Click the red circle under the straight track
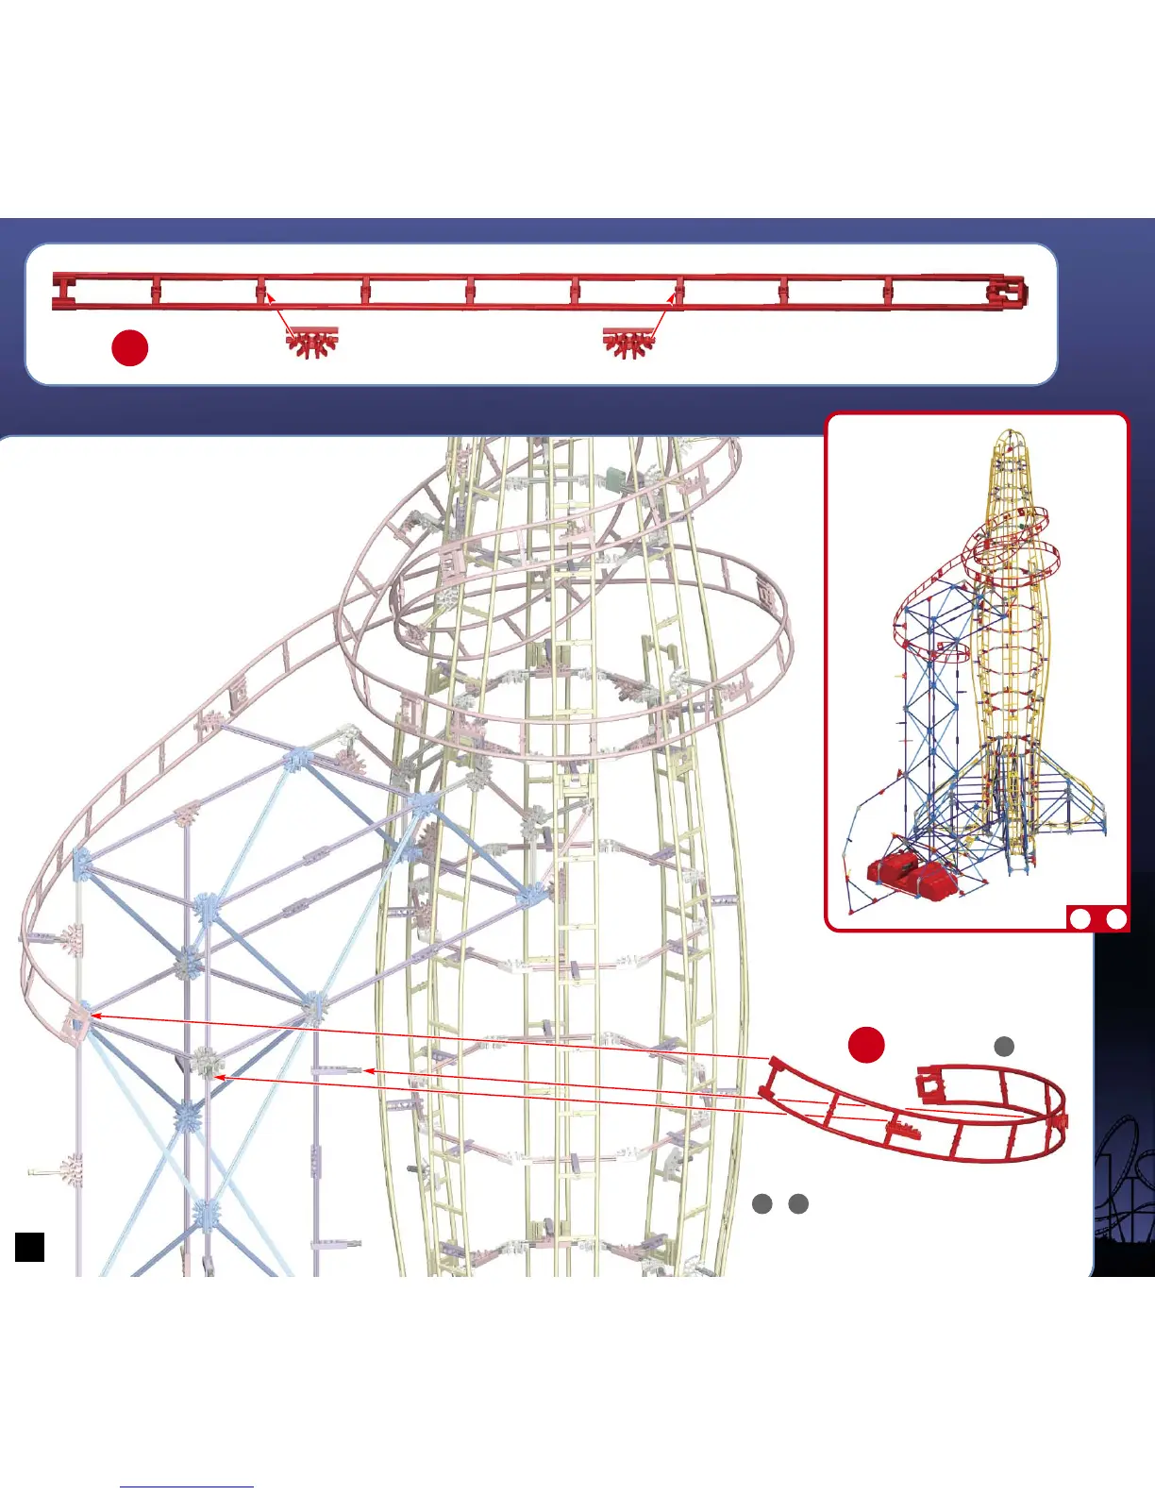coord(129,347)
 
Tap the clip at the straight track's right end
coord(1006,293)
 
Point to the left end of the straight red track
coord(62,292)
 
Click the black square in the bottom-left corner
coord(29,1246)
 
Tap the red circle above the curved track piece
coord(866,1044)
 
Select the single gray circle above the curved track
coord(1004,1046)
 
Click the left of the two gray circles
coord(762,1203)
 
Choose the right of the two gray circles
coord(798,1203)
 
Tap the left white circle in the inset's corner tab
coord(1081,918)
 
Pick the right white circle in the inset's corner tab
coord(1115,918)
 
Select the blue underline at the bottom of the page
coord(187,1487)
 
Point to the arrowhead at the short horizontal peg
coord(369,1070)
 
